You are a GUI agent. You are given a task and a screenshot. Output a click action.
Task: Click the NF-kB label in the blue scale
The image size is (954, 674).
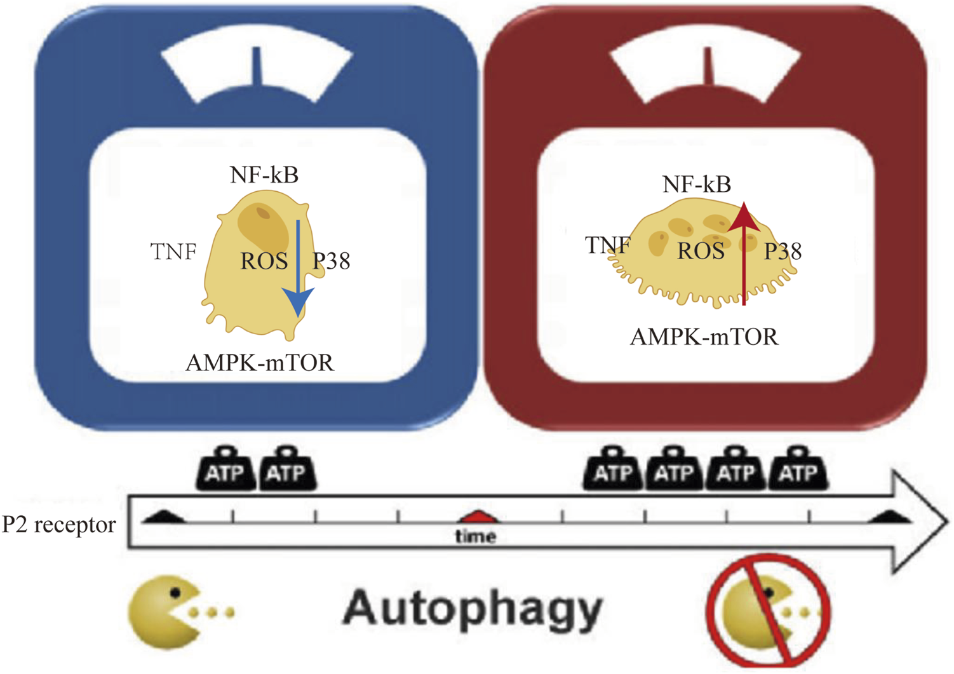(264, 175)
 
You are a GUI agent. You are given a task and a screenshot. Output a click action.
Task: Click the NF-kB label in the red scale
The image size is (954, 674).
(697, 184)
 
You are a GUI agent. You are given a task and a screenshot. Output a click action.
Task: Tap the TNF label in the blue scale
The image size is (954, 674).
(173, 252)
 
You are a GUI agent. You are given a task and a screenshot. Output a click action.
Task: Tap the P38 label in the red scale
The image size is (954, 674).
(783, 252)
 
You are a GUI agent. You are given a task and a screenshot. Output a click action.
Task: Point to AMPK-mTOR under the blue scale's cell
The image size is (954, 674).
(260, 363)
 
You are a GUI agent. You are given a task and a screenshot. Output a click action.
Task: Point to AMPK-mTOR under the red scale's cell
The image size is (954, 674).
(704, 337)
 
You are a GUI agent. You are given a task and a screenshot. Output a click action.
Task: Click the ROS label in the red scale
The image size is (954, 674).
(701, 252)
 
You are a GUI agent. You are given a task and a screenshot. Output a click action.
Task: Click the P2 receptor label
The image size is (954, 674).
(59, 525)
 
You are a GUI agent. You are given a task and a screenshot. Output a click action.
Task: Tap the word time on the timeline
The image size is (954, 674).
(476, 537)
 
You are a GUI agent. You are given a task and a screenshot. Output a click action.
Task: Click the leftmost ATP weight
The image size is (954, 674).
(226, 469)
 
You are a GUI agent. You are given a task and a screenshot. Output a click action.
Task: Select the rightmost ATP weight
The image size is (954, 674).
(798, 470)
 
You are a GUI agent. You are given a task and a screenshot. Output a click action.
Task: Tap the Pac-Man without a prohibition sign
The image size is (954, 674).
(164, 611)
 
